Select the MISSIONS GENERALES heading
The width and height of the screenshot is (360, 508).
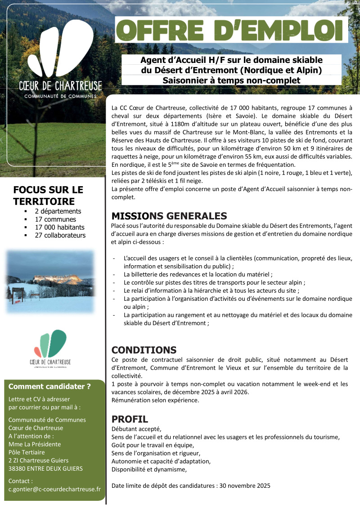click(169, 216)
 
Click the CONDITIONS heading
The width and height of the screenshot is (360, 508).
click(144, 350)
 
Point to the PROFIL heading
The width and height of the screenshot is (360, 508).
click(130, 419)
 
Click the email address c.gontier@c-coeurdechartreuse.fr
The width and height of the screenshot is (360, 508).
click(54, 489)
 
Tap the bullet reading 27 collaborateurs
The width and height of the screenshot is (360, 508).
click(60, 235)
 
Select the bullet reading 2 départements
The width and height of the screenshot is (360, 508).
click(58, 211)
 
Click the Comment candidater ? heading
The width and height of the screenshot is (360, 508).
click(49, 386)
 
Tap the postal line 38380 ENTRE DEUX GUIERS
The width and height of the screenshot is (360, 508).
click(45, 468)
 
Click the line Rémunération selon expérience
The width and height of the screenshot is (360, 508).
click(155, 400)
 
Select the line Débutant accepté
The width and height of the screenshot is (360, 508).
click(136, 428)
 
